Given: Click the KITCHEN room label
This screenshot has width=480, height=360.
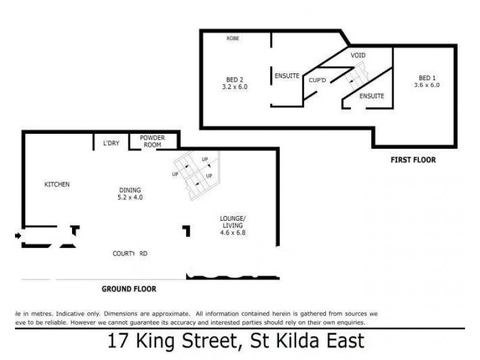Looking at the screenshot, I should coord(58,184).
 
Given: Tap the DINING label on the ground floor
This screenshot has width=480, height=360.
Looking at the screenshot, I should coord(130,190).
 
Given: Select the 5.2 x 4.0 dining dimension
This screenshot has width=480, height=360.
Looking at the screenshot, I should coord(130,197).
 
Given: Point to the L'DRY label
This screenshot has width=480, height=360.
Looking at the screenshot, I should coord(111,143).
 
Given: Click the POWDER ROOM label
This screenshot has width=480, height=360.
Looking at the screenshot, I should coord(152,141).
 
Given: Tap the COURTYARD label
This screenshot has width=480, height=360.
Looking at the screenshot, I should coord(130,254).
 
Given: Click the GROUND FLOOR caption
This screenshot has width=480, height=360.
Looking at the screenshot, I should coord(128,289).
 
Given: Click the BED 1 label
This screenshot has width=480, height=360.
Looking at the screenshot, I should coord(427,78).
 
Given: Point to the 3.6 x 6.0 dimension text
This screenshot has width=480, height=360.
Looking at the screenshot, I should coord(427,85).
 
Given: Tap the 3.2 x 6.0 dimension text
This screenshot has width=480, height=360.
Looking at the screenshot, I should coord(234,87).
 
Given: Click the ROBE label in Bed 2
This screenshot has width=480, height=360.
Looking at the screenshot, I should coord(233,38).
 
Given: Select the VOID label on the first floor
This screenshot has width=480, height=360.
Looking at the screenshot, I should coord(358,55).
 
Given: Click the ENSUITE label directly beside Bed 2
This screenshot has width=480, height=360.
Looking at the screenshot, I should coord(287,76).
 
